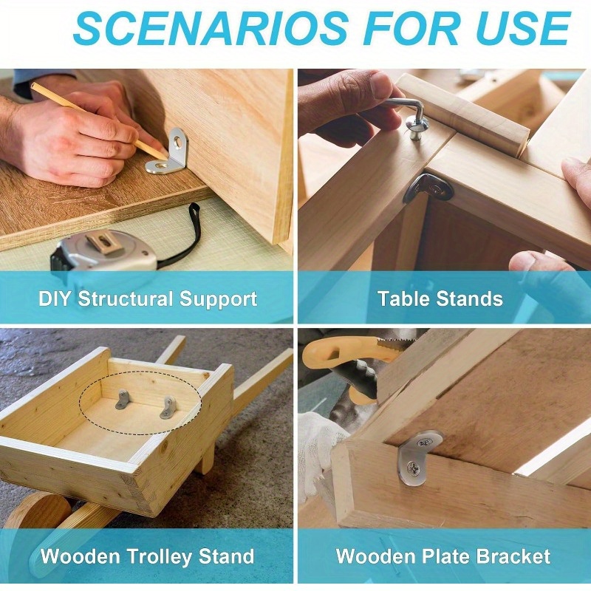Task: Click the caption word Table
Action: [403, 298]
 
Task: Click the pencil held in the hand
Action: [99, 120]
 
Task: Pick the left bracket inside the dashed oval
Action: [123, 400]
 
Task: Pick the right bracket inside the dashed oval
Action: [168, 407]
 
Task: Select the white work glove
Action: [321, 452]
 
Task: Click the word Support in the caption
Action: [218, 299]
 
